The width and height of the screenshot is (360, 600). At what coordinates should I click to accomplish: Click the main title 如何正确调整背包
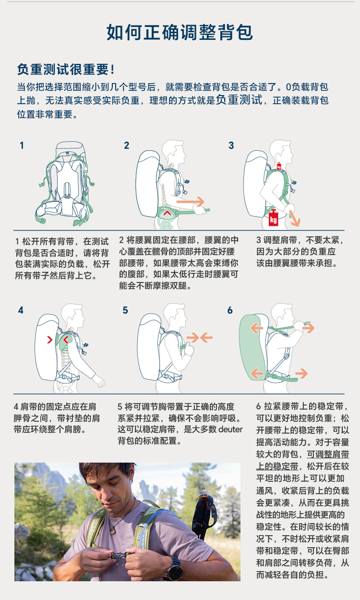pos(180,32)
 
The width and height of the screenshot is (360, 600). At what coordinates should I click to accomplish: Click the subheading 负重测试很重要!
pos(66,69)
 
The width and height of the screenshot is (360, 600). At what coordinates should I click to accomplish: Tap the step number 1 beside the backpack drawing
pos(22,146)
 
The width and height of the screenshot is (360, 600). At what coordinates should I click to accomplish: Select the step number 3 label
pos(231,146)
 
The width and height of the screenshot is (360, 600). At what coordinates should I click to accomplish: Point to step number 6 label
pos(230,310)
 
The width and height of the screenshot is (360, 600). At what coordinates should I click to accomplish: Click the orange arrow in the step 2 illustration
pos(190,201)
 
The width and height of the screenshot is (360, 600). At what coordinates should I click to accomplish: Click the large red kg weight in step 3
pos(273,218)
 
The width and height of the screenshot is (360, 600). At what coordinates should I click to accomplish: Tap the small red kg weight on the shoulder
pos(279,166)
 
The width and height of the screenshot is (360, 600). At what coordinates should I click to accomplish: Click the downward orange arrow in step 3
pos(294,218)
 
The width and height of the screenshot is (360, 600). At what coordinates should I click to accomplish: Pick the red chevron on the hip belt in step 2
pos(167,213)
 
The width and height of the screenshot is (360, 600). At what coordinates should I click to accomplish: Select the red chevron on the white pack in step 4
pos(50,340)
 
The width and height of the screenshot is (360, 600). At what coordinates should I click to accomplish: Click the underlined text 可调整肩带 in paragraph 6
pos(328,454)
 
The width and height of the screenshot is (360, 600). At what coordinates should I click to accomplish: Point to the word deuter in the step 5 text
pos(230,429)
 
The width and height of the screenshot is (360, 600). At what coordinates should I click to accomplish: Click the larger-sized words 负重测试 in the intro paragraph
pos(240,99)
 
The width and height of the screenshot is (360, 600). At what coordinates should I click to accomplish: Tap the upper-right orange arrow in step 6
pos(308,328)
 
